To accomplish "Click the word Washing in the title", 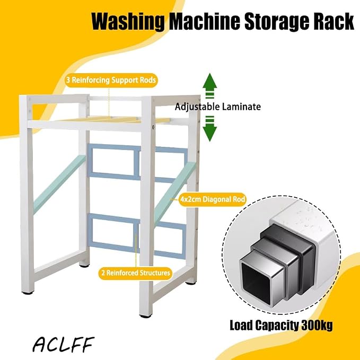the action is [128, 22].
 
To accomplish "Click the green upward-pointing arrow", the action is [209, 86].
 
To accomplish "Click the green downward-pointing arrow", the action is [209, 128].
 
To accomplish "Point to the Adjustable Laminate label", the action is [218, 107].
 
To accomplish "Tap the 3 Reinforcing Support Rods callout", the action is [111, 80].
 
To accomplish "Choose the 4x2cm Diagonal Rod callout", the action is [213, 199].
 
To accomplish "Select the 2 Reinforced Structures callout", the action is [136, 273].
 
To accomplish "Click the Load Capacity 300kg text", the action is [281, 326].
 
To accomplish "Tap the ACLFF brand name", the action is [63, 345].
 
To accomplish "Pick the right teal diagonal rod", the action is [175, 193].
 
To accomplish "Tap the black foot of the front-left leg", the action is [28, 293].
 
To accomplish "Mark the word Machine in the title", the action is [205, 21].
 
